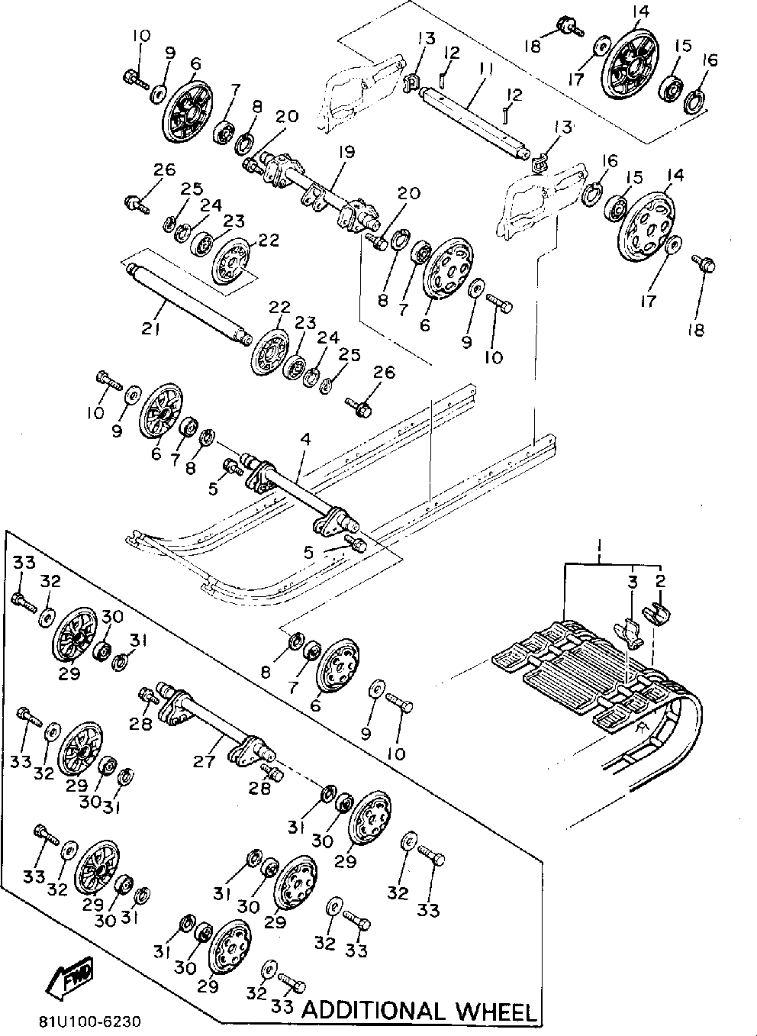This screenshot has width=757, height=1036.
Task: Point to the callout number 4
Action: pos(305,440)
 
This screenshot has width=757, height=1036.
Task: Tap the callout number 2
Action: pos(660,583)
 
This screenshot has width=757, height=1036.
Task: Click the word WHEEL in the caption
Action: pos(495,1012)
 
